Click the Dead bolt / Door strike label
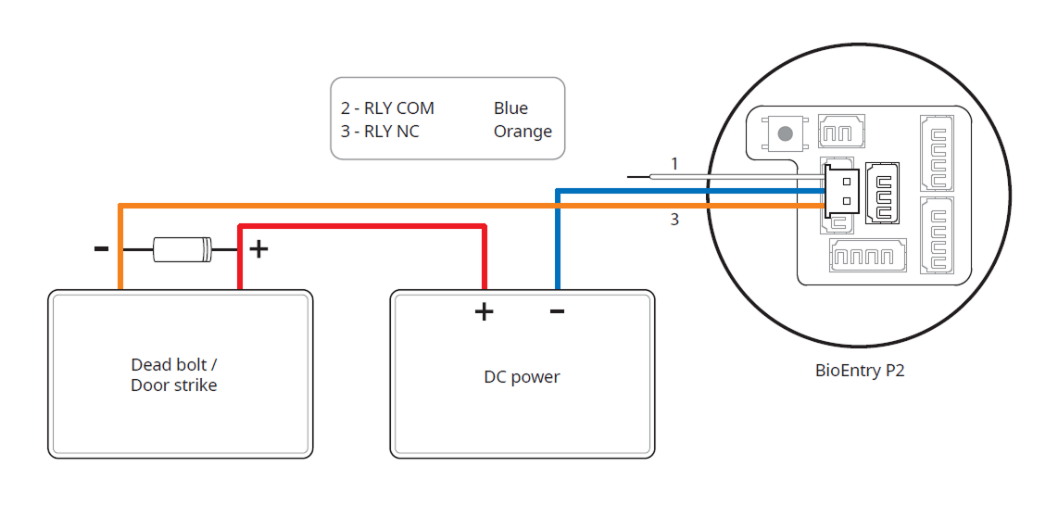click(174, 374)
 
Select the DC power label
click(522, 377)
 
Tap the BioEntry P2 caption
click(859, 371)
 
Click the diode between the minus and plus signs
click(182, 247)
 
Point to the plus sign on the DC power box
click(484, 311)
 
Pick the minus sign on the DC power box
click(557, 310)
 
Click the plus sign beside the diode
click(259, 248)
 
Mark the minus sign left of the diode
click(102, 248)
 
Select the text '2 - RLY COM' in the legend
click(387, 108)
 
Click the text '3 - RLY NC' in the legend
click(380, 132)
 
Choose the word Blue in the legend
click(510, 108)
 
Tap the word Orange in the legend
click(523, 132)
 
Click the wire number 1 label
click(674, 164)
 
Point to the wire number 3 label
click(674, 221)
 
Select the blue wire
click(557, 241)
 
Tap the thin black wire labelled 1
click(723, 175)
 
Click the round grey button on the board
click(786, 133)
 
